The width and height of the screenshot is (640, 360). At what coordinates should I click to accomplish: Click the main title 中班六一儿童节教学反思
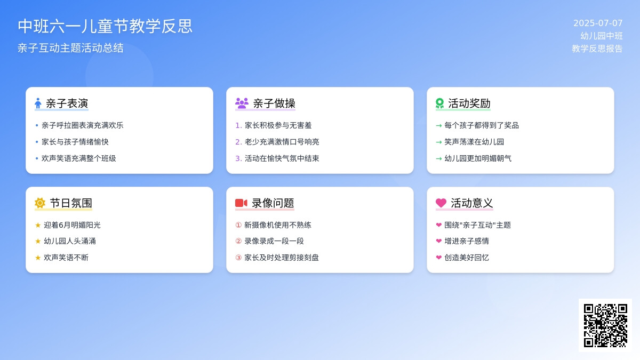[x=105, y=26]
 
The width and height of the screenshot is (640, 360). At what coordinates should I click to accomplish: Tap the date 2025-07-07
[x=598, y=23]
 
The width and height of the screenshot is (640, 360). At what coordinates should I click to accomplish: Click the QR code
[x=605, y=325]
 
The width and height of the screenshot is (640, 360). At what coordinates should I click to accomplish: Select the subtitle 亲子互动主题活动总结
[x=70, y=48]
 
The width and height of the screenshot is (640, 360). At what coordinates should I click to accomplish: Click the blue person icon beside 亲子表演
[x=38, y=103]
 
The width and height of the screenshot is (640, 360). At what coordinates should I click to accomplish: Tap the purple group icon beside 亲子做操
[x=242, y=103]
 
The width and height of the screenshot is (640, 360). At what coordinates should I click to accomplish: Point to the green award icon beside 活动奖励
[x=439, y=103]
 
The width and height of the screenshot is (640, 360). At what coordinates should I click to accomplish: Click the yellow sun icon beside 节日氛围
[x=40, y=203]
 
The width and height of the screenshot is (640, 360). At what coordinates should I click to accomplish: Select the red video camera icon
[x=241, y=203]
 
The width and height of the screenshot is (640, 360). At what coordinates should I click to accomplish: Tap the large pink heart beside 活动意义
[x=441, y=203]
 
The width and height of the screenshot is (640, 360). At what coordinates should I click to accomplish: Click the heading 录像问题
[x=273, y=203]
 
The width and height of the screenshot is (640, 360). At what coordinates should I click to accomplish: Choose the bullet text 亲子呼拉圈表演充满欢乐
[x=83, y=125]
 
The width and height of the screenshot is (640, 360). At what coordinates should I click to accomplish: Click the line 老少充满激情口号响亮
[x=282, y=142]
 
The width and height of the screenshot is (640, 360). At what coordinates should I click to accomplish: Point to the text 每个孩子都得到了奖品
[x=482, y=125]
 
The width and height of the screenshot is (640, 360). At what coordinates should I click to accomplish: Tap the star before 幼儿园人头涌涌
[x=38, y=242]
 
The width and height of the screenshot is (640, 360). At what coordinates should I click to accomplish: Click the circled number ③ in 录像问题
[x=238, y=258]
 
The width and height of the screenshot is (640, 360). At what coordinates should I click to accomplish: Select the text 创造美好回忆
[x=467, y=258]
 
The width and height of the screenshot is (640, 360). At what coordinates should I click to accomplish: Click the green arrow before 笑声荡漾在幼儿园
[x=439, y=142]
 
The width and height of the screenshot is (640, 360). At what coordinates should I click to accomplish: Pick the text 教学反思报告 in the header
[x=597, y=49]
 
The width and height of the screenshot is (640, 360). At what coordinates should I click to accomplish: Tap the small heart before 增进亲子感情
[x=439, y=241]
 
